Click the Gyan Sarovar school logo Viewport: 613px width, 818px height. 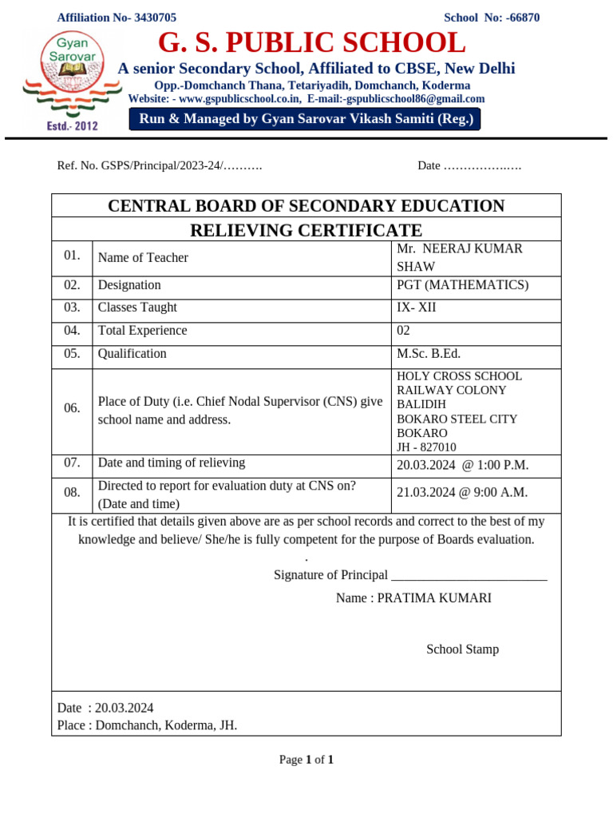tap(67, 80)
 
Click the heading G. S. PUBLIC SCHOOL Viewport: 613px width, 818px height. tap(311, 42)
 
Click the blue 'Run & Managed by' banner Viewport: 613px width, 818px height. tap(306, 120)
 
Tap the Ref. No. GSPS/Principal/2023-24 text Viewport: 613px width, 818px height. tap(160, 165)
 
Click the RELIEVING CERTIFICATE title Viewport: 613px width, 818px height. tap(306, 231)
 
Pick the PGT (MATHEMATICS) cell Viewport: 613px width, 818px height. tap(462, 285)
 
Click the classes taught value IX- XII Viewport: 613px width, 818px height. tap(417, 308)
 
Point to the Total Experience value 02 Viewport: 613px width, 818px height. tap(404, 331)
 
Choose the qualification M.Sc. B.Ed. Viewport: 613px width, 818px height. tap(429, 354)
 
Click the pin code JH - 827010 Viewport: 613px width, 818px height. tap(426, 447)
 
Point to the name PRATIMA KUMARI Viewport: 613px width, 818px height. tap(434, 598)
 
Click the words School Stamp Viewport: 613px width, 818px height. tap(462, 649)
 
